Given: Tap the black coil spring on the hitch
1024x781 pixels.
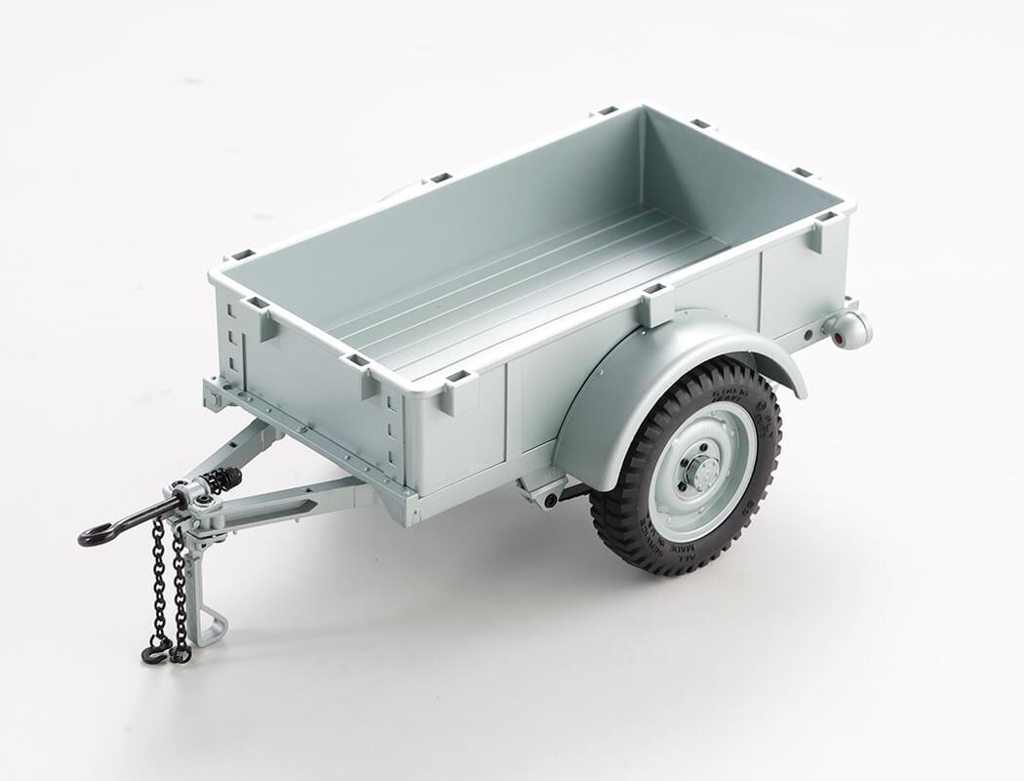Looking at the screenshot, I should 222,479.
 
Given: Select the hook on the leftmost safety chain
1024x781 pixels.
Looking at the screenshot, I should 154,653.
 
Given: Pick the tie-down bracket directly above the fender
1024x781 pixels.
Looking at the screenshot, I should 655,305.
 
